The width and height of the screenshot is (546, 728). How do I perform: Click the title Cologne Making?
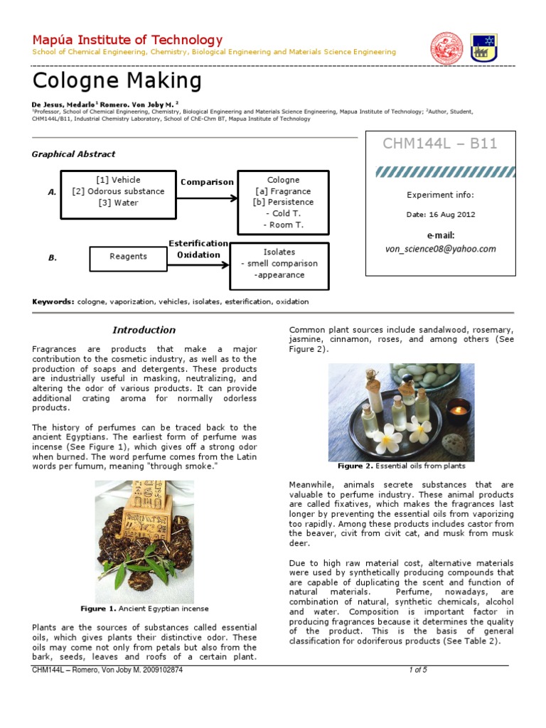(117, 81)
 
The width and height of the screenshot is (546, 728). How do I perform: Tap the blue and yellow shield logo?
(483, 48)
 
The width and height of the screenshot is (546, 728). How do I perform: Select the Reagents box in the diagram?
(129, 257)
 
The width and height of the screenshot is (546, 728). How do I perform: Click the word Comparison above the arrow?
(207, 182)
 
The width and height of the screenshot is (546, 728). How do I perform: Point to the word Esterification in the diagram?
(198, 243)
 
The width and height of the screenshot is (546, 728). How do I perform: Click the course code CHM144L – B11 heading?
(440, 144)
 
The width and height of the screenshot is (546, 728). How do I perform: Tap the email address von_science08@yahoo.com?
(440, 249)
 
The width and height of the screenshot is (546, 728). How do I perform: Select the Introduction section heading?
(144, 330)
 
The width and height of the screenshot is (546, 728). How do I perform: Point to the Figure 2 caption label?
(350, 466)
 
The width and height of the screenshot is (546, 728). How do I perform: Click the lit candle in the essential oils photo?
(458, 409)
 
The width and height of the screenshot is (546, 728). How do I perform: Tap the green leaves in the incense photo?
(146, 555)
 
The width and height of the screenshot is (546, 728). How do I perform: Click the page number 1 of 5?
(417, 670)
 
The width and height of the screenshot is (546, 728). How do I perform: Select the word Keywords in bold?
(53, 301)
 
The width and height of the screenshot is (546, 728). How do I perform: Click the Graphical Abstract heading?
(73, 154)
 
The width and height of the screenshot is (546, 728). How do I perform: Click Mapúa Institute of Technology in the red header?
(128, 40)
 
